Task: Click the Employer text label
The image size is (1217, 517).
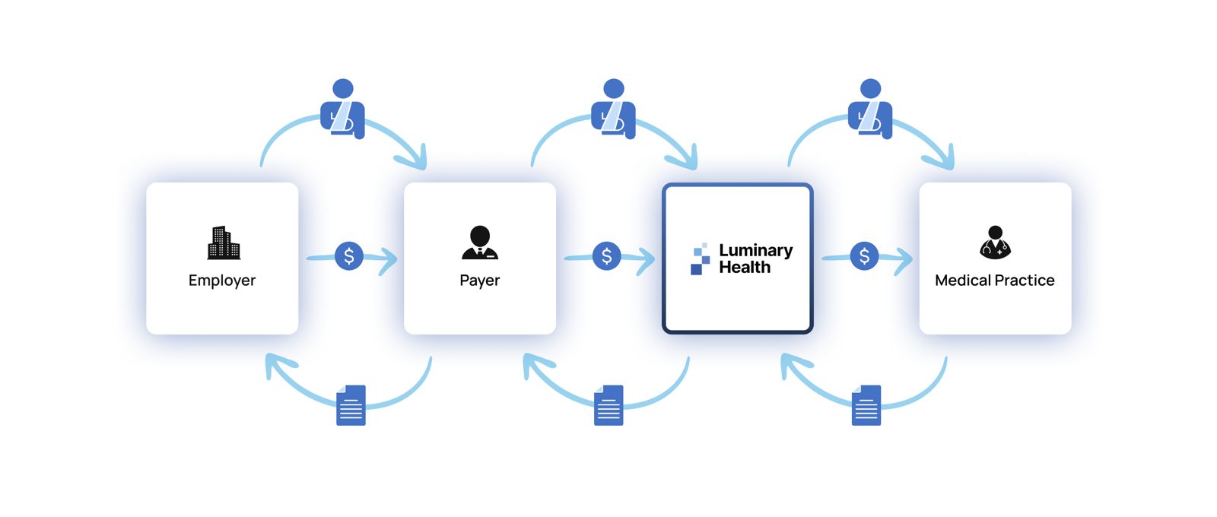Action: point(222,281)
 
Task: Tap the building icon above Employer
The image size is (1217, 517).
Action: point(224,243)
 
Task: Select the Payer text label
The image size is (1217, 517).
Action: point(480,281)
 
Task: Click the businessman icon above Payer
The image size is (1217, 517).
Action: point(480,243)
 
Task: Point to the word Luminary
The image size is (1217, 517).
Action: point(755,250)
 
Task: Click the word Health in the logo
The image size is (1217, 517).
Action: point(745,268)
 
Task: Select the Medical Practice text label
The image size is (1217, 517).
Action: point(994,281)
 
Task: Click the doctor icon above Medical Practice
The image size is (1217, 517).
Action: point(995,243)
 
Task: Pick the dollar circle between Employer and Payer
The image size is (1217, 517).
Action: point(349,256)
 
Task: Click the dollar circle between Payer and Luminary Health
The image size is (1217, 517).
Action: point(606,256)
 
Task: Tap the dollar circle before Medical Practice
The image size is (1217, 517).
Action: point(864,256)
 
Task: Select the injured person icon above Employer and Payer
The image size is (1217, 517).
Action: point(343,108)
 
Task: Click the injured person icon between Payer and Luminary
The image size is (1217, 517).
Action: point(614,108)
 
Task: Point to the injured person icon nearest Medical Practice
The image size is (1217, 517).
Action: point(870,108)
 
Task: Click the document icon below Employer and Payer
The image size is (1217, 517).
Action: point(351,405)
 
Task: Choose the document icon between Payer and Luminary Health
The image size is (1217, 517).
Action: point(608,405)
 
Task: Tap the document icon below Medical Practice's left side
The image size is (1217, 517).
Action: point(866,405)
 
